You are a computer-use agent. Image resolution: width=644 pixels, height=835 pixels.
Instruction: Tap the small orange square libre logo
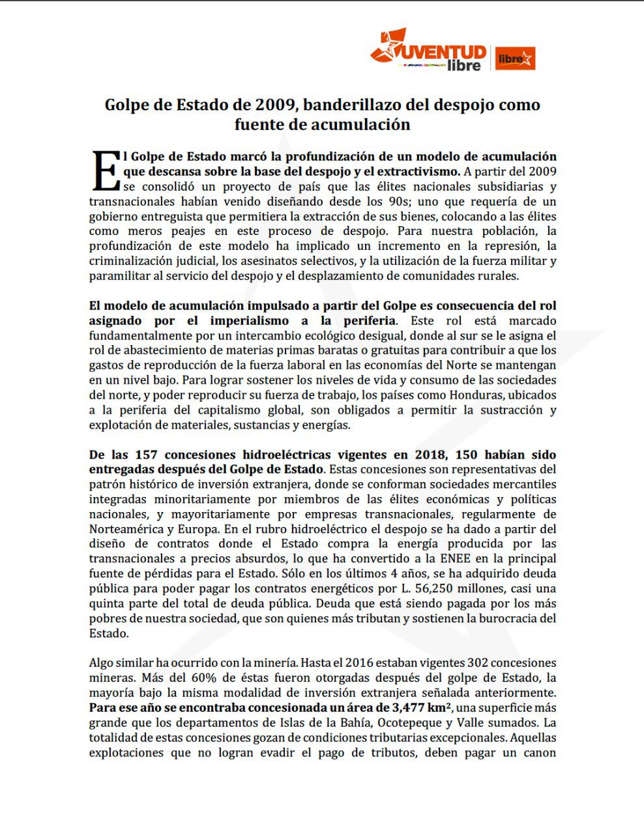tap(515, 59)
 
